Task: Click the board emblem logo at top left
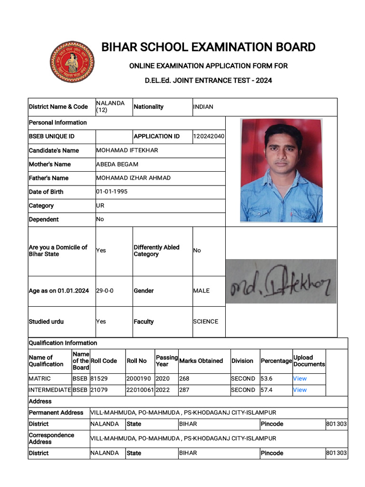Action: click(72, 62)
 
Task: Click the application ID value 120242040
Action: click(209, 136)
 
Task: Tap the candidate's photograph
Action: click(281, 170)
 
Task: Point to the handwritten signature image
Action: click(281, 282)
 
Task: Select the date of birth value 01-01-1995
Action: click(112, 192)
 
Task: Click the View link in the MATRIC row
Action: click(300, 379)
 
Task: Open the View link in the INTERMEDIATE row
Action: click(300, 390)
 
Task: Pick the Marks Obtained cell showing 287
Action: click(184, 390)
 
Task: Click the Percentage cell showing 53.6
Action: click(267, 379)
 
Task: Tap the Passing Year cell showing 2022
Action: click(163, 390)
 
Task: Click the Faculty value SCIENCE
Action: click(206, 321)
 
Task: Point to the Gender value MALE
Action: click(201, 291)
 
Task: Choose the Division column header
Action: click(242, 361)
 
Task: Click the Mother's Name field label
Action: click(50, 164)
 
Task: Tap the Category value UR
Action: click(100, 205)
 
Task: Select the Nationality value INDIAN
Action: click(203, 107)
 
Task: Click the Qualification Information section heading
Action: click(63, 343)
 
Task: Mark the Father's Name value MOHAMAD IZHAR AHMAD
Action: click(133, 178)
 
